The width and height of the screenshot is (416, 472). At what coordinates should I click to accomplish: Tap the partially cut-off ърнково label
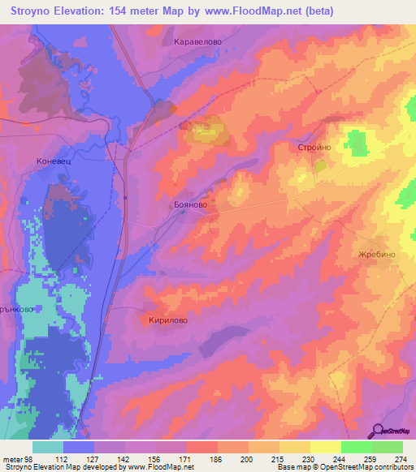16,309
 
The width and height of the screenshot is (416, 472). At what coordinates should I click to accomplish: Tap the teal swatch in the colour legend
48,447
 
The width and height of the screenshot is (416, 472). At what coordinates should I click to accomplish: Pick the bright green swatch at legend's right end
388,447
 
